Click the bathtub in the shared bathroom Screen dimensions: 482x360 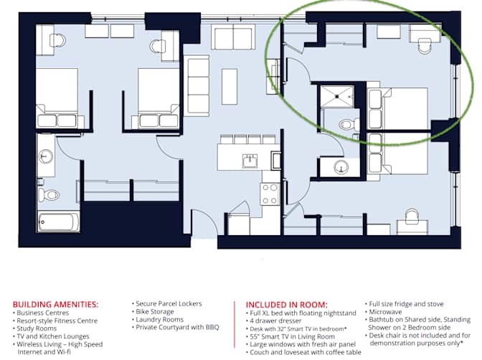pyautogui.click(x=58, y=222)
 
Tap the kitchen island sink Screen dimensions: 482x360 pyautogui.click(x=250, y=161)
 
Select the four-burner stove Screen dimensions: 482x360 pyautogui.click(x=270, y=194)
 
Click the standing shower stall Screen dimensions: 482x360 pyautogui.click(x=337, y=96)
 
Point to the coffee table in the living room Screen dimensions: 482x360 pyautogui.click(x=230, y=87)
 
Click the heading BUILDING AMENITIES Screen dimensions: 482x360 pyautogui.click(x=56, y=305)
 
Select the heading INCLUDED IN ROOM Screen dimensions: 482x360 pyautogui.click(x=286, y=305)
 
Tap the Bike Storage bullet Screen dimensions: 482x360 pyautogui.click(x=153, y=312)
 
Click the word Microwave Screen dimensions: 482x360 pyautogui.click(x=385, y=312)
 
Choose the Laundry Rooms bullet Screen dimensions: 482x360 pyautogui.click(x=158, y=320)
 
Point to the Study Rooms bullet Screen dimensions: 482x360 pyautogui.click(x=34, y=328)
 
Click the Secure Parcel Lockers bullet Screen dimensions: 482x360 pyautogui.click(x=167, y=304)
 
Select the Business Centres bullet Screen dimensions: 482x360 pyautogui.click(x=41, y=313)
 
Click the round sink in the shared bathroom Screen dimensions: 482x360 pyautogui.click(x=46, y=156)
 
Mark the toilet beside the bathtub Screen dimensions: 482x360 pyautogui.click(x=49, y=195)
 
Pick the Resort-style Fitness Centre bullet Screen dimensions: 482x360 pyautogui.click(x=55, y=321)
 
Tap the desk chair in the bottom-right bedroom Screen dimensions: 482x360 pyautogui.click(x=412, y=215)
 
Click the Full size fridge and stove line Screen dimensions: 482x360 pyautogui.click(x=405, y=304)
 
